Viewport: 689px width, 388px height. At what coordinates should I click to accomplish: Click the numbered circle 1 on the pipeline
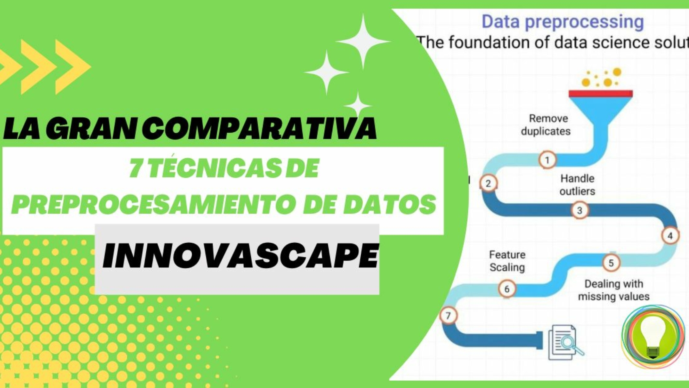(547, 160)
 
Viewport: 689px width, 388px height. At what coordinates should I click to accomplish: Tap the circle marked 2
(488, 183)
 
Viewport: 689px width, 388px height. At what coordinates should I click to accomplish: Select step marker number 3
(580, 210)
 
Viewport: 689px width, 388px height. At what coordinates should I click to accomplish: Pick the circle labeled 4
(670, 236)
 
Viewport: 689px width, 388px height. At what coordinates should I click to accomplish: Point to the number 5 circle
(611, 263)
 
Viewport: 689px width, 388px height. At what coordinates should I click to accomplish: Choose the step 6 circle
(507, 289)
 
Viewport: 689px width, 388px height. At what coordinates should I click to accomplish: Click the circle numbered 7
(448, 316)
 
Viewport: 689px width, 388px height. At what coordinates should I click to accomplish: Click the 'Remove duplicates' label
(546, 125)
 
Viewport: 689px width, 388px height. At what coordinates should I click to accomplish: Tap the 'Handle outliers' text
(578, 185)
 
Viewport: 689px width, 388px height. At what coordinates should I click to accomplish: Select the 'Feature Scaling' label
(507, 261)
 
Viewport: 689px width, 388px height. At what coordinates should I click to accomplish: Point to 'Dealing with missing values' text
(614, 290)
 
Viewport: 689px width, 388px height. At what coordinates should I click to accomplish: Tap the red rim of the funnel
(600, 94)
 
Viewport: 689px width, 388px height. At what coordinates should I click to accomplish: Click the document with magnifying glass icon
(565, 342)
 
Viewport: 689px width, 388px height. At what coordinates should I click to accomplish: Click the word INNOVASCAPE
(240, 256)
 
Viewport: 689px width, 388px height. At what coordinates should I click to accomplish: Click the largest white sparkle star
(363, 41)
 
